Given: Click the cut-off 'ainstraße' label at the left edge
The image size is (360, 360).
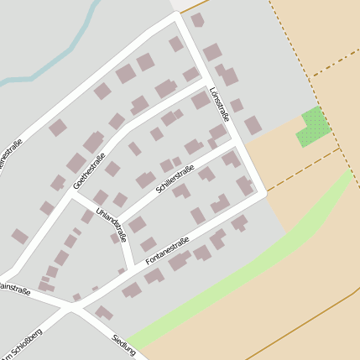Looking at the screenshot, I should (x=14, y=290).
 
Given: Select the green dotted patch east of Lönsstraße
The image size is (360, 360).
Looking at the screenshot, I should (x=313, y=127).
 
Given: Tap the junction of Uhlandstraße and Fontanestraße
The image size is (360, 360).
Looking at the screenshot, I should (x=130, y=264).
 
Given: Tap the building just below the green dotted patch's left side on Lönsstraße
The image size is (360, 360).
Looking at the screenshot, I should (x=253, y=125).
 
